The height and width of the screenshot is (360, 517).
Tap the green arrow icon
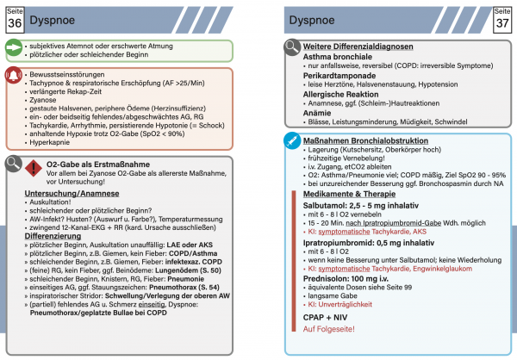pyautogui.click(x=15, y=51)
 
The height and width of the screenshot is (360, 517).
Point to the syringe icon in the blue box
pyautogui.click(x=296, y=141)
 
